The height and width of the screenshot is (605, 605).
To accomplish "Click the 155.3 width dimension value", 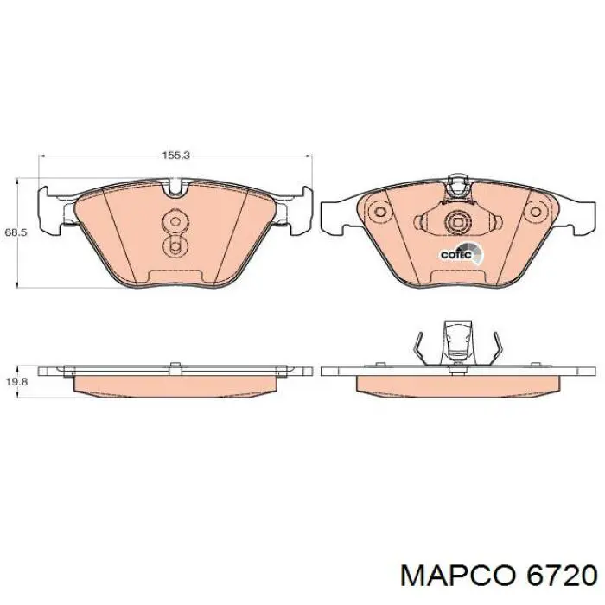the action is tap(175, 156).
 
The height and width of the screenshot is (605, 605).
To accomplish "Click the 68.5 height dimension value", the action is tap(16, 232).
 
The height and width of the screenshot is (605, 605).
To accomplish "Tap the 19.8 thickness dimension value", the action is tap(16, 382).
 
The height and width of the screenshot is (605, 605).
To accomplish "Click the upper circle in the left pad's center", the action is tap(175, 222).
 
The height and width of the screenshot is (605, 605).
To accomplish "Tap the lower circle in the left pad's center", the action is tap(175, 245).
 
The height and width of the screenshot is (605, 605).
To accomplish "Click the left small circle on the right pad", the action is tap(380, 212).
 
